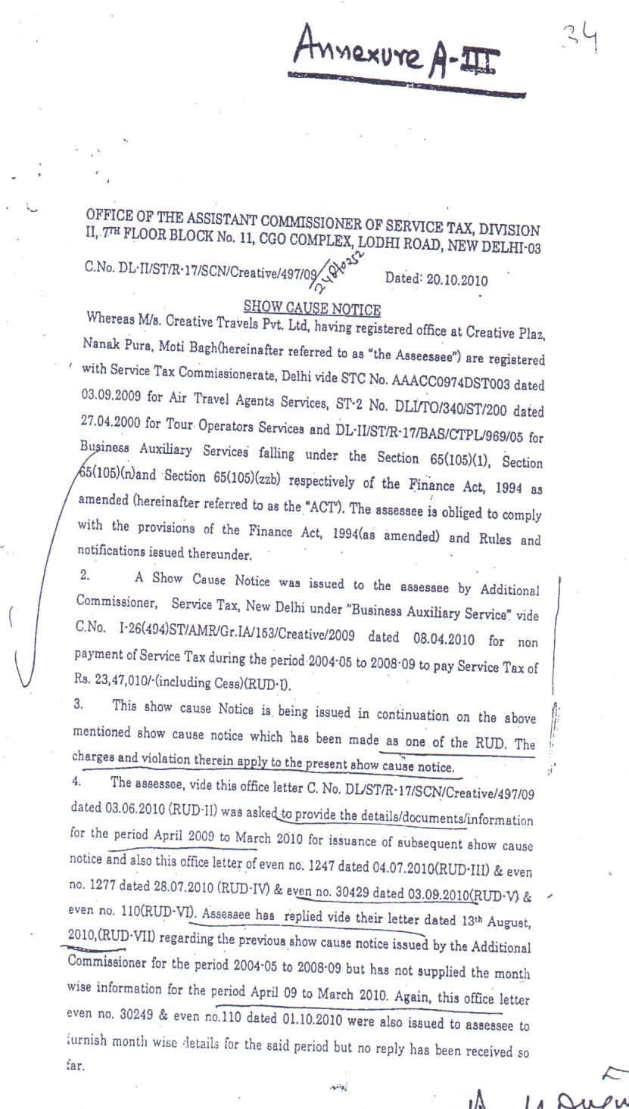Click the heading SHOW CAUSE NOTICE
[312, 307]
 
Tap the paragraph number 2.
[84, 575]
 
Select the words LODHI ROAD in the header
[399, 244]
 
